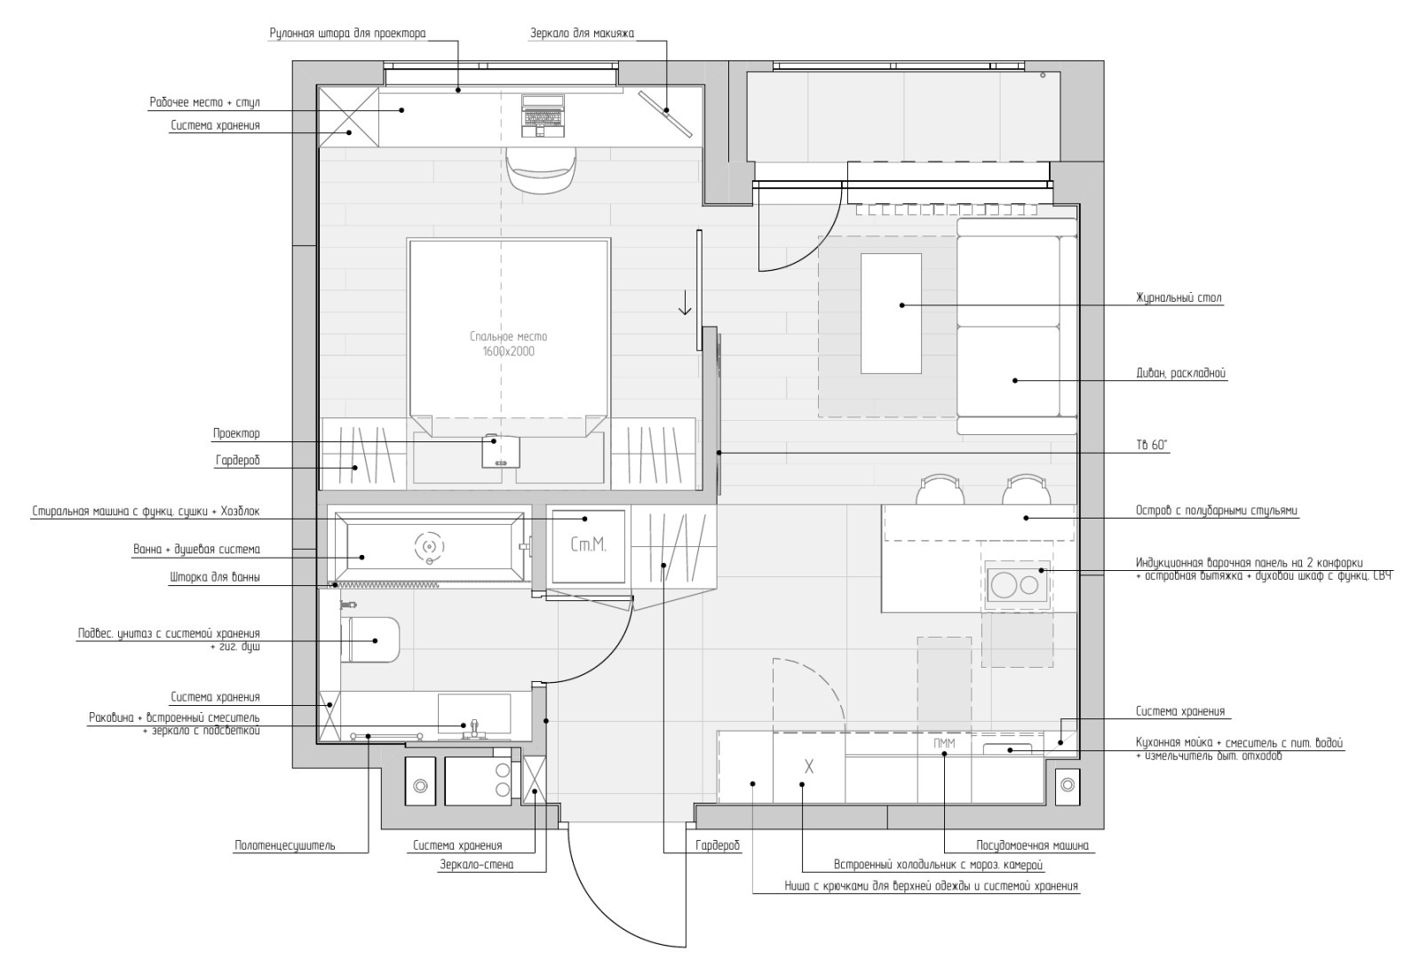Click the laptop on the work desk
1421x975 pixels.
543,115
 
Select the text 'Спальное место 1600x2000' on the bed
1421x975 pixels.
508,344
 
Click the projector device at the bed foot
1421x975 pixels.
501,451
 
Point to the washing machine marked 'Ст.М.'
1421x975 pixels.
588,545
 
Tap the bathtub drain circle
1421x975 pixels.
430,545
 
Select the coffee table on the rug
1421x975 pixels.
891,313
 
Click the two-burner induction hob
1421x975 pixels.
1018,584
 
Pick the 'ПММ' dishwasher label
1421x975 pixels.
944,743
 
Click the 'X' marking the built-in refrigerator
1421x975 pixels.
809,767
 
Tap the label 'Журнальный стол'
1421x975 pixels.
1179,297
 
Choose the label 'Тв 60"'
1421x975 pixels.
1151,445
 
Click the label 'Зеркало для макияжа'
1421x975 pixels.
582,33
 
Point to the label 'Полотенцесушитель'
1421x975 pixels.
285,845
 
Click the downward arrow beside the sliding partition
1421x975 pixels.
685,302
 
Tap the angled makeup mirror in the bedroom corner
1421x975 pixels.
665,115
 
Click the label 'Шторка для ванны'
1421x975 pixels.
214,577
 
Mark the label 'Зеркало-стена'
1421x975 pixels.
476,865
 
